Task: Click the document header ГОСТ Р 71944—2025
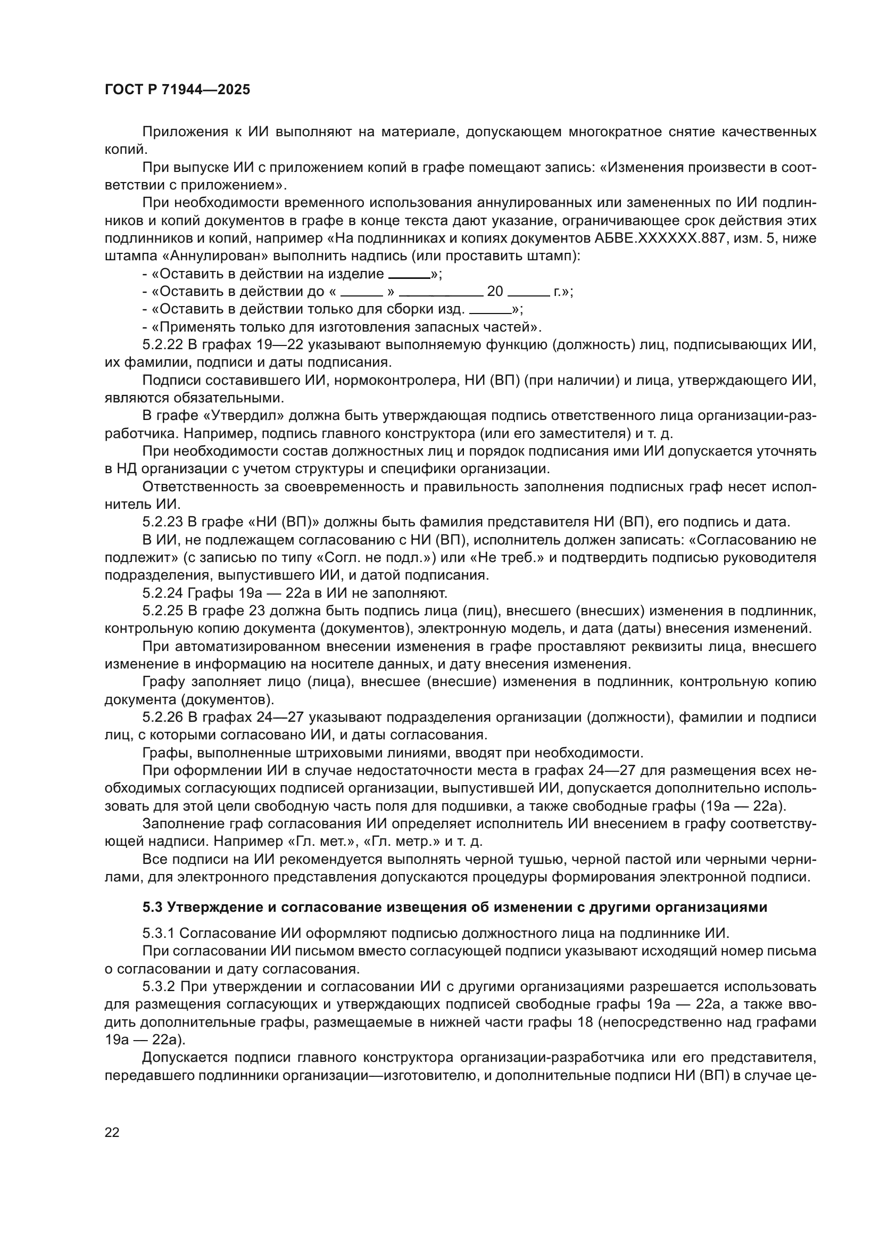(x=177, y=90)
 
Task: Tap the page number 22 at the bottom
(x=112, y=1132)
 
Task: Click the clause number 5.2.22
(x=163, y=345)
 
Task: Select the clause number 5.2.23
(x=163, y=522)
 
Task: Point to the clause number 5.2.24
(x=163, y=593)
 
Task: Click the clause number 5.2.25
(x=163, y=611)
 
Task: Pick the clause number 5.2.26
(x=163, y=718)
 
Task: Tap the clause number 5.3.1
(x=159, y=933)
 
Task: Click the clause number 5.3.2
(x=159, y=986)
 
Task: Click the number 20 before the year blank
(x=495, y=292)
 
